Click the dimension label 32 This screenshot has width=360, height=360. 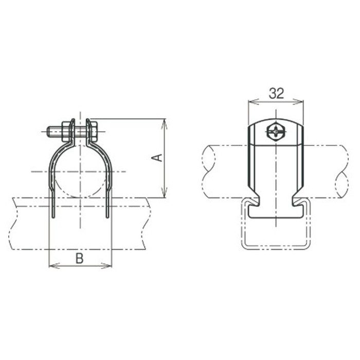tap(277, 93)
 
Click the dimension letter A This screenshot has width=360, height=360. tap(157, 158)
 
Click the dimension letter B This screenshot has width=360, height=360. tap(79, 258)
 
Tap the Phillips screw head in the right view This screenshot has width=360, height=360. tap(276, 132)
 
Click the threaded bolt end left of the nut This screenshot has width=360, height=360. tap(55, 132)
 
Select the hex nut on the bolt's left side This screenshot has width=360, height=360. tap(66, 131)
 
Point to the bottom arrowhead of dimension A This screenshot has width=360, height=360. tap(164, 194)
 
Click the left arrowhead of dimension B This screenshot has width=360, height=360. tap(53, 266)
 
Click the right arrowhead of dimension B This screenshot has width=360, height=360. tap(107, 266)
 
